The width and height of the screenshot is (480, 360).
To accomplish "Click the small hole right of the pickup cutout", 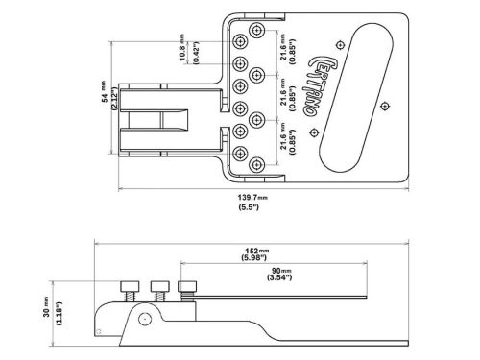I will point(385,103).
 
